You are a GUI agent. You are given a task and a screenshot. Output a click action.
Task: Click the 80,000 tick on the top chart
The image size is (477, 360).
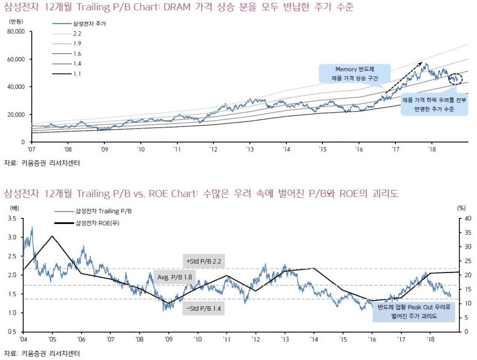[x=18, y=32]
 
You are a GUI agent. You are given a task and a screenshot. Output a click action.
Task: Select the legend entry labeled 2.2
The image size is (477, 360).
[x=77, y=34]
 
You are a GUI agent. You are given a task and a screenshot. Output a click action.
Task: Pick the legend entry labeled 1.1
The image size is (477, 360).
[x=77, y=73]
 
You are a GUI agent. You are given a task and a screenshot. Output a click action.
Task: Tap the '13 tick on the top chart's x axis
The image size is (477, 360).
[x=250, y=149]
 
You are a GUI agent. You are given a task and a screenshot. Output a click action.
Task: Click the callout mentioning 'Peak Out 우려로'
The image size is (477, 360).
[x=414, y=312]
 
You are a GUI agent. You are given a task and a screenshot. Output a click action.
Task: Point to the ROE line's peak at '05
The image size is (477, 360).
[x=52, y=236]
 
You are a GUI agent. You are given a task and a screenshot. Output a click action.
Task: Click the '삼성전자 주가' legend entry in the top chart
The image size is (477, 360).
[x=88, y=23]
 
